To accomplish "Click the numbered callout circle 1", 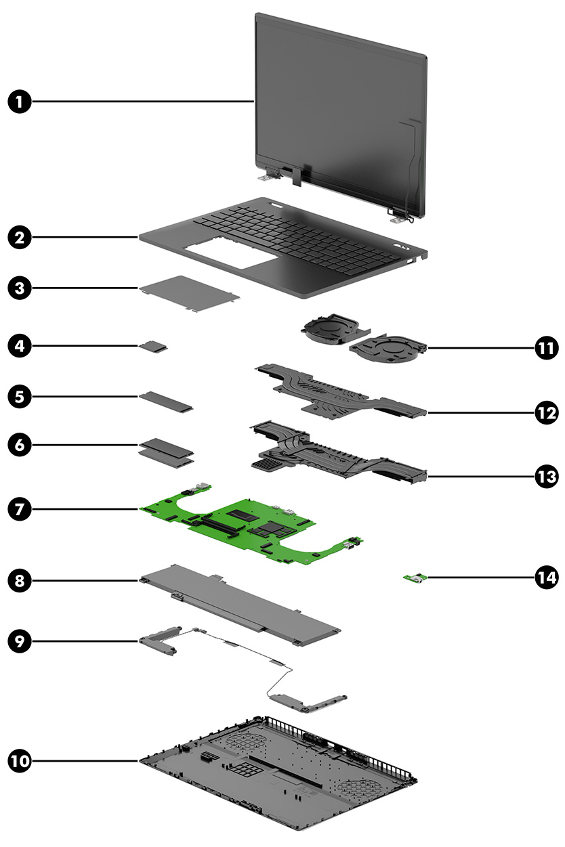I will [x=20, y=102].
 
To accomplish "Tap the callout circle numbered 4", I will [x=20, y=346].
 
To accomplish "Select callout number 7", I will [x=20, y=508].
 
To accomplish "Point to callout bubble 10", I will [x=20, y=760].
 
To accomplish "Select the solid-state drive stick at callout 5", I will [x=167, y=400].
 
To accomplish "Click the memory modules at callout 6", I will [x=166, y=450].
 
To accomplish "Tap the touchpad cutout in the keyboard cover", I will [x=227, y=258].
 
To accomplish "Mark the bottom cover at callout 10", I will [x=278, y=779].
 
